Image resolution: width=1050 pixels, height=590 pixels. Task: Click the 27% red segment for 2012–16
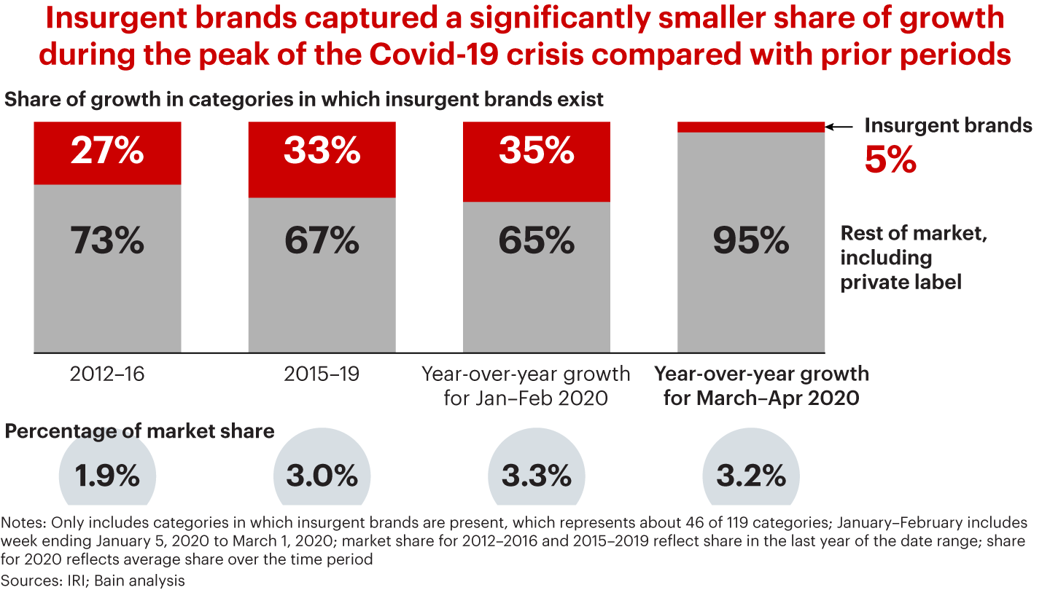107,153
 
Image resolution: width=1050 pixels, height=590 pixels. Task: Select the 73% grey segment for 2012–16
107,270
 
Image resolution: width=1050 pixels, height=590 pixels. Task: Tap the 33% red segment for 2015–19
322,160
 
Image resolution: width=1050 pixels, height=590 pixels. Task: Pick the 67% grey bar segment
322,275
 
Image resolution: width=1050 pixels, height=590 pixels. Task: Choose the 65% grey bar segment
537,278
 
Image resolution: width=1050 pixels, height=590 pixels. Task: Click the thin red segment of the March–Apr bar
751,127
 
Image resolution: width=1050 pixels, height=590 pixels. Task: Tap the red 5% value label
890,161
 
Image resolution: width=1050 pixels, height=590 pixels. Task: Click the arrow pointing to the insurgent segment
840,127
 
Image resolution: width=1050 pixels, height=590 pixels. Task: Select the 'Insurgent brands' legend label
948,125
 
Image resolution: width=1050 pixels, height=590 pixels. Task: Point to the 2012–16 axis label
107,374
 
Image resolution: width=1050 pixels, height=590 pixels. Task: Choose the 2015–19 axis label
322,374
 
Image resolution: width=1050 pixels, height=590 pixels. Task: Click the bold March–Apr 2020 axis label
761,386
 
